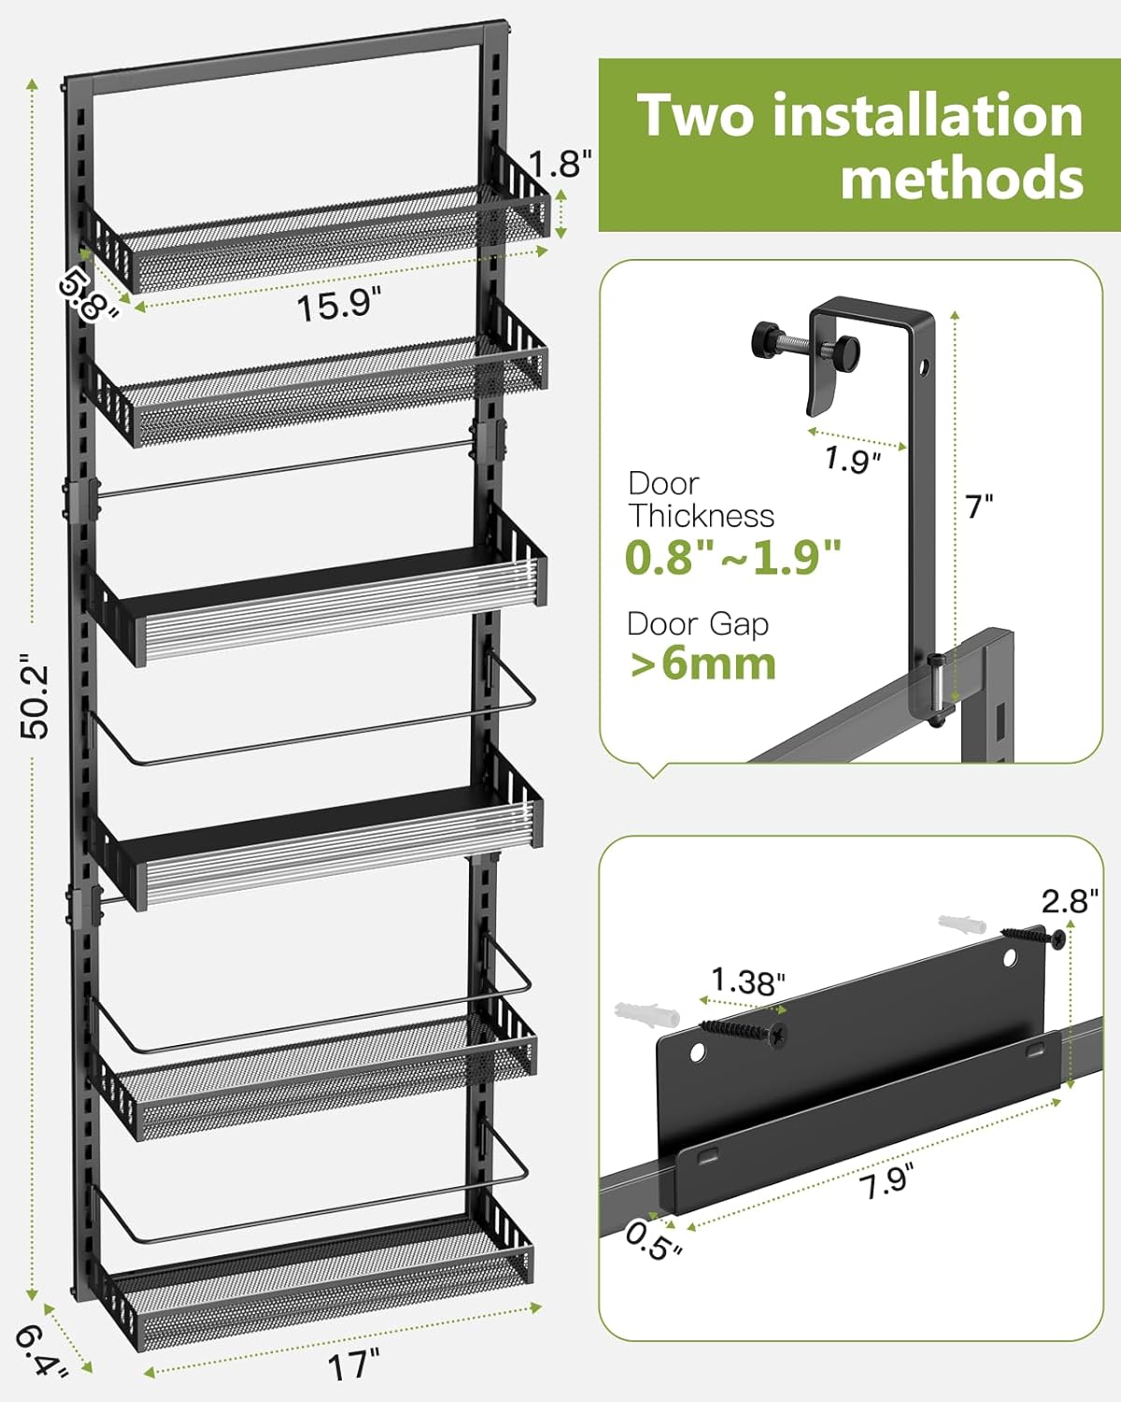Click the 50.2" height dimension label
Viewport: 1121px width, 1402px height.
[35, 697]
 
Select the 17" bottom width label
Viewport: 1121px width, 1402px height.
[353, 1367]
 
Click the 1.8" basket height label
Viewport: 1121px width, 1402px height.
[560, 165]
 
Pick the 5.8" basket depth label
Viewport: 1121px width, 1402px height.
[90, 293]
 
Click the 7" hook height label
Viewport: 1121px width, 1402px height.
[979, 508]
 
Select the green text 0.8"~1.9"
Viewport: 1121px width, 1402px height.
[733, 558]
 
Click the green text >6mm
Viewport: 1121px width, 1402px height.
[702, 665]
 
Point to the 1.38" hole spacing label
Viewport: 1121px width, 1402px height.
[747, 981]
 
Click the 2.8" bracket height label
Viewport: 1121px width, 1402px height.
[1071, 901]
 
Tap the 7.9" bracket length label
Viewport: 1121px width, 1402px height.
[885, 1182]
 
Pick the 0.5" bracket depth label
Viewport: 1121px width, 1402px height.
[652, 1240]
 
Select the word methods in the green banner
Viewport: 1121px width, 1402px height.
[962, 178]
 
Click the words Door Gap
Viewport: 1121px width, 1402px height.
[697, 623]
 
